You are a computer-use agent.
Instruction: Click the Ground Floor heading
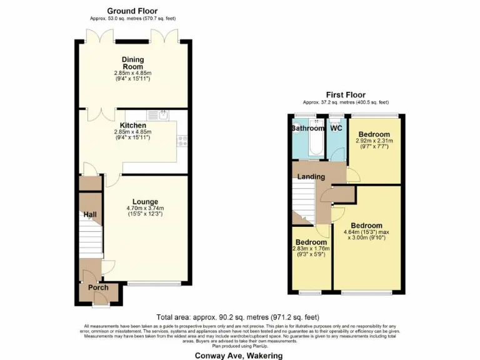point(132,11)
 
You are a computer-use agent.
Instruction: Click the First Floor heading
point(346,95)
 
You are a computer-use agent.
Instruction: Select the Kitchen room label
point(132,125)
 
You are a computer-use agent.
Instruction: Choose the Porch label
point(98,287)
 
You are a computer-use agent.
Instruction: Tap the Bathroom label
point(308,128)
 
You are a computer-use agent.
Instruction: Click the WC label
point(336,128)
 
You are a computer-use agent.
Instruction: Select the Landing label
point(311,177)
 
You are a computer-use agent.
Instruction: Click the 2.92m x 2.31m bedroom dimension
point(375,141)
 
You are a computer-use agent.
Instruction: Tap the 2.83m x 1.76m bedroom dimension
point(311,249)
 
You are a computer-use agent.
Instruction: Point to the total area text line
point(239,317)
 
